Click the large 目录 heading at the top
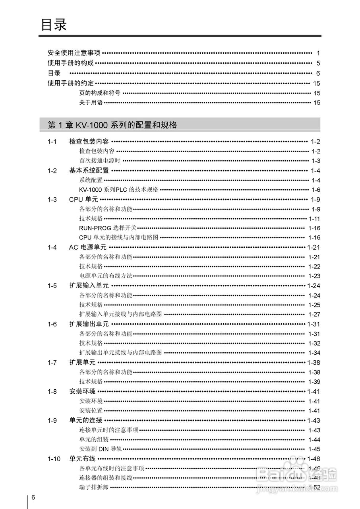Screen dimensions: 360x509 coord(54,25)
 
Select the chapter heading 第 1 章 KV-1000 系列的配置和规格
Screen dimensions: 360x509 coord(112,125)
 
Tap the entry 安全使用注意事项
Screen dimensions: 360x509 coord(74,52)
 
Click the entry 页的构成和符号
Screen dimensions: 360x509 coord(100,93)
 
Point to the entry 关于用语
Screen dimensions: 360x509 coord(91,103)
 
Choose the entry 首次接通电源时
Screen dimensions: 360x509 coord(100,161)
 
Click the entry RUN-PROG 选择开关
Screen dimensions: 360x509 coord(108,228)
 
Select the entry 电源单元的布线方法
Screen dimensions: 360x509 coord(106,276)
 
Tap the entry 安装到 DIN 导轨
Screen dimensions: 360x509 coord(101,449)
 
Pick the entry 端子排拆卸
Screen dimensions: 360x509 coord(94,487)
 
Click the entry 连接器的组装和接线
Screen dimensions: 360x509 coord(106,478)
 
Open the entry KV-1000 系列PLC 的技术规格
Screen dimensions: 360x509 coord(119,190)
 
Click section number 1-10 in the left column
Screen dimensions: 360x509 coord(54,459)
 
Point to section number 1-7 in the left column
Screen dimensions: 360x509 coord(52,363)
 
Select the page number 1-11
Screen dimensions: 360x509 coord(314,219)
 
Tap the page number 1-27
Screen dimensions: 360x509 coord(314,314)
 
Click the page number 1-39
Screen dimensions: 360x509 coord(314,382)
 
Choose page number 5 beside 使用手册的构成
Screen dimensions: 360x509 coord(318,63)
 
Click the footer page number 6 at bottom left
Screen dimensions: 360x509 coord(34,498)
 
